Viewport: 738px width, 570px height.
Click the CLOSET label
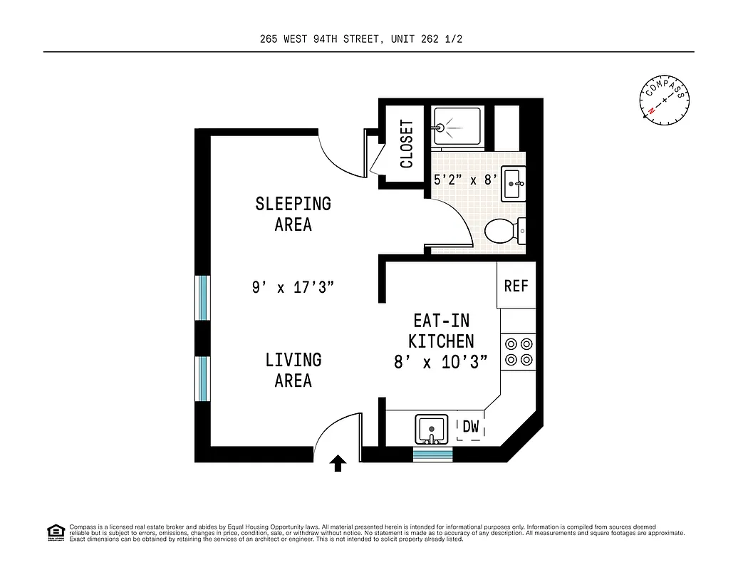pyautogui.click(x=407, y=144)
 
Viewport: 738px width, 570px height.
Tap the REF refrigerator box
pyautogui.click(x=516, y=286)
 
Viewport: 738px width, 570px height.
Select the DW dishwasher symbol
pyautogui.click(x=471, y=427)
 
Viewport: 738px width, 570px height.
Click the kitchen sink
pyautogui.click(x=432, y=429)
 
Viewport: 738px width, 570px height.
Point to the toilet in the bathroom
pyautogui.click(x=504, y=231)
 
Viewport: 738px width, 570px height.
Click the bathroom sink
pyautogui.click(x=513, y=184)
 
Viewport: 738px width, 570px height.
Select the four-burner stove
pyautogui.click(x=519, y=352)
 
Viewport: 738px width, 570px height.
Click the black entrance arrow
pyautogui.click(x=338, y=465)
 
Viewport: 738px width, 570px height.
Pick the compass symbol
pyautogui.click(x=665, y=100)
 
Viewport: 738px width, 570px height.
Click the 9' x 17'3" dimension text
pyautogui.click(x=293, y=288)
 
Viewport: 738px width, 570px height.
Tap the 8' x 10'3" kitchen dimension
pyautogui.click(x=441, y=362)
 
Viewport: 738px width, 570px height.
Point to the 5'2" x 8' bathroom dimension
pyautogui.click(x=465, y=180)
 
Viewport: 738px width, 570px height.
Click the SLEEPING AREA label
pyautogui.click(x=293, y=214)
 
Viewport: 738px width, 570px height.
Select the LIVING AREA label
pyautogui.click(x=293, y=370)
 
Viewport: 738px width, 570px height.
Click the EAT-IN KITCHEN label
pyautogui.click(x=441, y=331)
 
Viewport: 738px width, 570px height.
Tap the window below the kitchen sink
pyautogui.click(x=432, y=454)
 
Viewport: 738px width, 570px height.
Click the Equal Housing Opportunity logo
pyautogui.click(x=55, y=532)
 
